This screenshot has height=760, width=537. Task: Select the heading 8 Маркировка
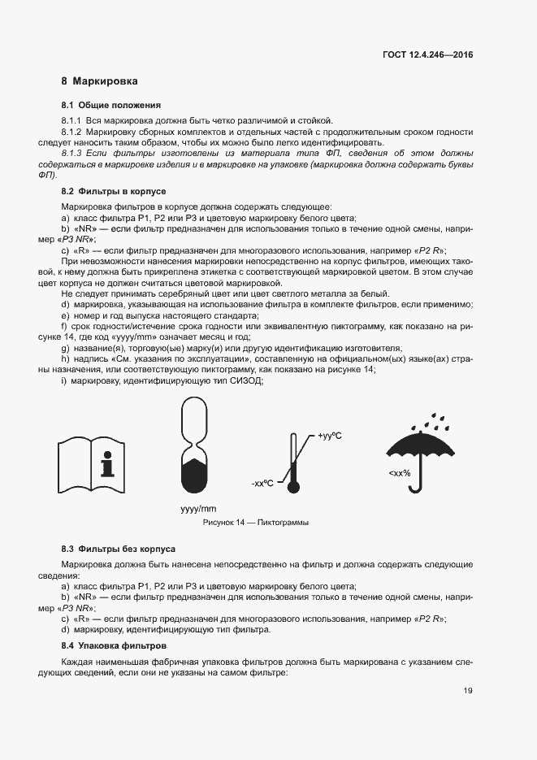[x=99, y=81]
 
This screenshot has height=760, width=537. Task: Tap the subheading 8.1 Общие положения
[x=110, y=105]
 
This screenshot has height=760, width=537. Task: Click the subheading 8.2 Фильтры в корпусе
[x=114, y=191]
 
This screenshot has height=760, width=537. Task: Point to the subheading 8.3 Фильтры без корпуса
[x=118, y=549]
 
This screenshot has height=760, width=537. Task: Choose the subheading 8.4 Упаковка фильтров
[x=114, y=645]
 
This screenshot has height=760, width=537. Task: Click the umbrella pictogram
[x=415, y=455]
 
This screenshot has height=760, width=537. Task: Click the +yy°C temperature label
[x=330, y=436]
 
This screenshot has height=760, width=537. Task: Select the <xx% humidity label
[x=398, y=473]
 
